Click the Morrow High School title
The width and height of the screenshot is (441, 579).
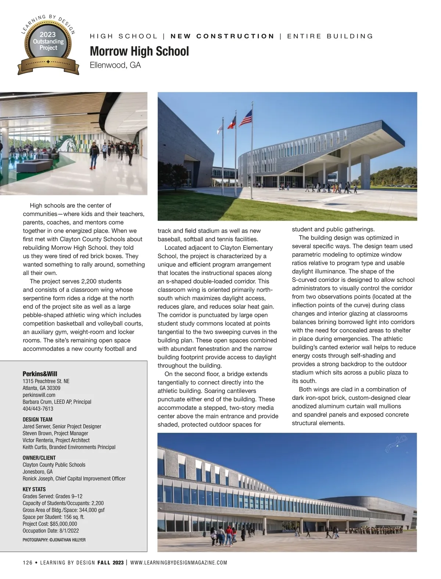coord(139,51)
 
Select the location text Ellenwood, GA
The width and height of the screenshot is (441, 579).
coord(115,65)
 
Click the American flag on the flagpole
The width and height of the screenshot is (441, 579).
coord(246,118)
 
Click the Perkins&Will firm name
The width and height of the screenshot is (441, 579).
coord(40,374)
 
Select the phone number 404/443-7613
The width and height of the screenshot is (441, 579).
coord(38,408)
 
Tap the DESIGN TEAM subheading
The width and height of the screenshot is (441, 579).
coord(37,419)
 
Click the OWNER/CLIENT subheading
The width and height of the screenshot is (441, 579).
coord(39,458)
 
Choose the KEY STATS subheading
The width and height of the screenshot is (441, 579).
coord(34,489)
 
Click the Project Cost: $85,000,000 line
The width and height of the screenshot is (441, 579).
coord(50,524)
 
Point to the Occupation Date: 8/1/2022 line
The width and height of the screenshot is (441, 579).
coord(51,531)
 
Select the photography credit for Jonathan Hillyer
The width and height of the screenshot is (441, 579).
coord(54,540)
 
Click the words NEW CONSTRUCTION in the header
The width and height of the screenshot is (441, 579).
coord(222,36)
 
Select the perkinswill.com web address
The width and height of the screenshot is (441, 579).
coord(39,395)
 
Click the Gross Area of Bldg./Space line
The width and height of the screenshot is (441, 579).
coord(64,510)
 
